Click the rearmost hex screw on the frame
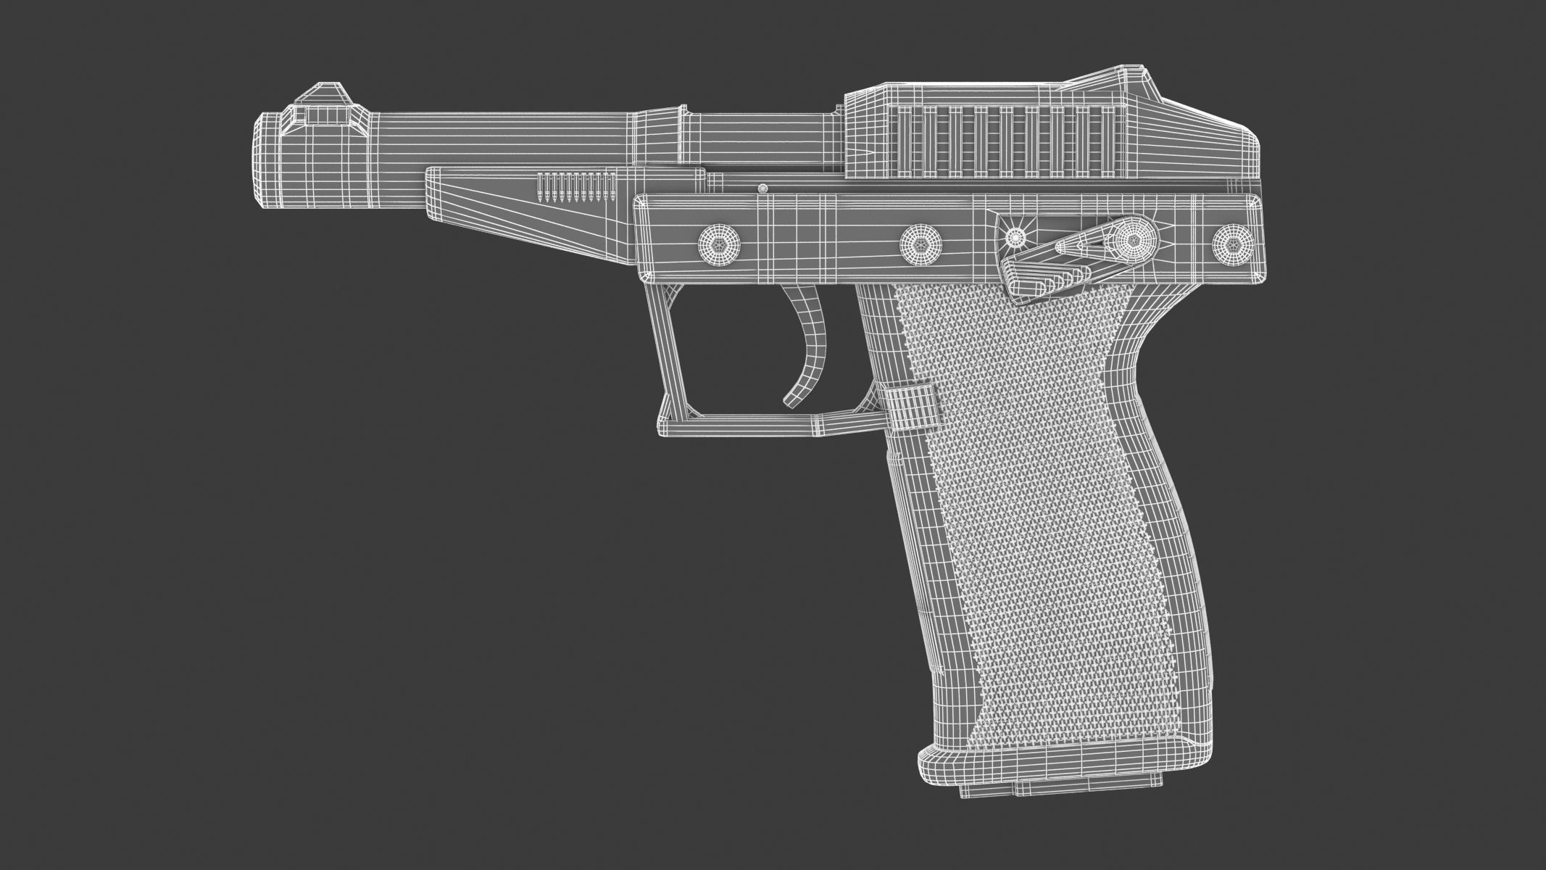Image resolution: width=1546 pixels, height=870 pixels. [x=1233, y=242]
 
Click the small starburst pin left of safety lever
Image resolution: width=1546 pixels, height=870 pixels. [x=1017, y=236]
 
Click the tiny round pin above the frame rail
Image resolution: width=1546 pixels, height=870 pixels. [x=762, y=189]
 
